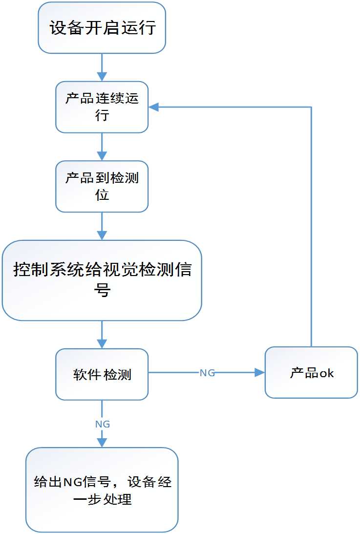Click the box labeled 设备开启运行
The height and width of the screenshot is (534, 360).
102,28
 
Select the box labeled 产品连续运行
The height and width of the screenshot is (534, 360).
102,107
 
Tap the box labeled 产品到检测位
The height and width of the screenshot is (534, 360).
102,186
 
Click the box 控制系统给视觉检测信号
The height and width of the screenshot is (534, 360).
102,280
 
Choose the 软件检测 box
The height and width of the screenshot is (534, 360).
102,374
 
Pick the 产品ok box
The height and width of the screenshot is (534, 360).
311,372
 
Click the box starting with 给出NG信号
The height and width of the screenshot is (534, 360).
102,490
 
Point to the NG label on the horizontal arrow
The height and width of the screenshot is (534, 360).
207,373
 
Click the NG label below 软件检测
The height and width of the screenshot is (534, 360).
102,424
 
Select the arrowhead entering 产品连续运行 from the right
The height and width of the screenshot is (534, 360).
153,107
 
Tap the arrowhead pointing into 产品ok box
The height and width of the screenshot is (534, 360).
260,373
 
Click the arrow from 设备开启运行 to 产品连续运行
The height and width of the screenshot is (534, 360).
102,67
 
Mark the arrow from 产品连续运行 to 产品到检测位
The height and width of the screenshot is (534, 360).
102,147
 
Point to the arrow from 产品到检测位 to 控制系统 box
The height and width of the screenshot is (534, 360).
102,226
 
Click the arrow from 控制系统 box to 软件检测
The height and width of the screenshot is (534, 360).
102,334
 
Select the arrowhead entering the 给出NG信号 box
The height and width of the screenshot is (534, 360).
102,442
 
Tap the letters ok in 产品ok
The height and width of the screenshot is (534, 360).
326,373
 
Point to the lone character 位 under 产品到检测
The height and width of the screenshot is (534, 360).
102,194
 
